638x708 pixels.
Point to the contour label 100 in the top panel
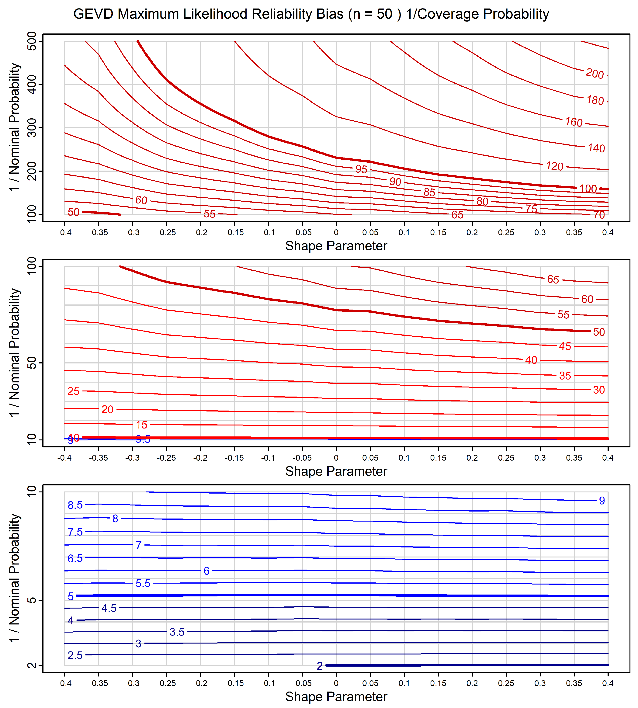pos(588,189)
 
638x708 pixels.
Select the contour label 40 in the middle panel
pos(531,360)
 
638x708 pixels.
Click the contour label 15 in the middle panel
pos(142,425)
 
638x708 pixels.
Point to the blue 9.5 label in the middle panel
pos(143,439)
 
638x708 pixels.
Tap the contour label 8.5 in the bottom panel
pos(75,505)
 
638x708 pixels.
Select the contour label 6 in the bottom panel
pos(206,571)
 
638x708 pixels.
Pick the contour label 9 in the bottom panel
pos(602,501)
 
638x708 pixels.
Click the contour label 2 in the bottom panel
pos(320,666)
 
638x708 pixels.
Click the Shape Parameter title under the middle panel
pos(336,471)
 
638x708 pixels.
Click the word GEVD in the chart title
pos(93,14)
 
